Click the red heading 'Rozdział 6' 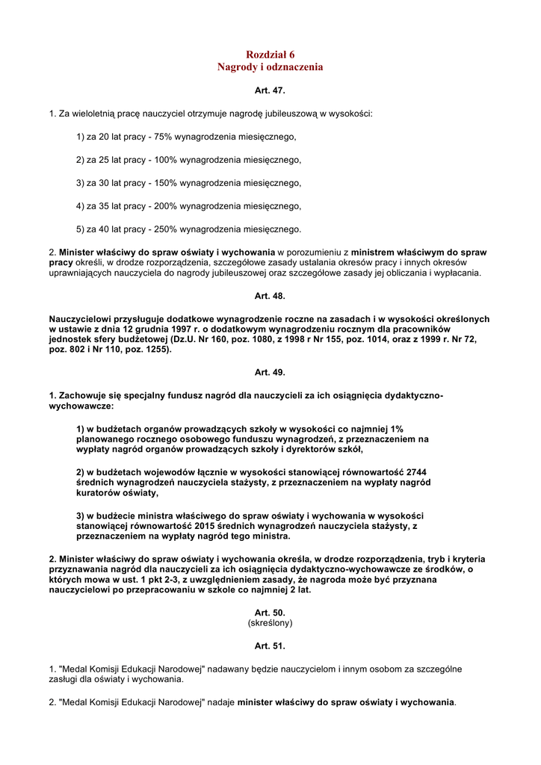coord(270,55)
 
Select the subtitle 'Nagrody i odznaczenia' coord(270,67)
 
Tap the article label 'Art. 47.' coord(270,90)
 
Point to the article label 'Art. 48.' coord(270,296)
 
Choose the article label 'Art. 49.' coord(270,372)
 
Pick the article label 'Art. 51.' coord(270,645)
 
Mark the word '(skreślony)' coord(270,622)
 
